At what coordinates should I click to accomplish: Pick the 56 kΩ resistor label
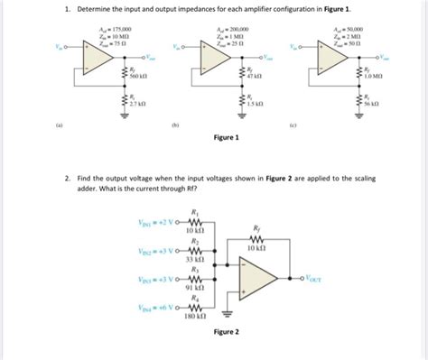tap(371, 105)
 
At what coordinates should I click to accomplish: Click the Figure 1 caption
tap(226, 138)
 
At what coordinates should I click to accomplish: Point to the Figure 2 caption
tap(225, 331)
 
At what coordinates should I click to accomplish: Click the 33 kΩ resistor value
tap(191, 259)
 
